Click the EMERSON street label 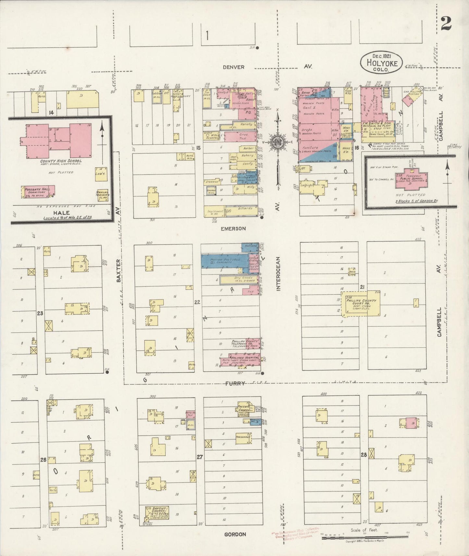(x=233, y=228)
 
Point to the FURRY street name (x=235, y=383)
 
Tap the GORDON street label (x=235, y=534)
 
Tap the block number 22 (x=197, y=302)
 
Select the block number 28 (x=363, y=455)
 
